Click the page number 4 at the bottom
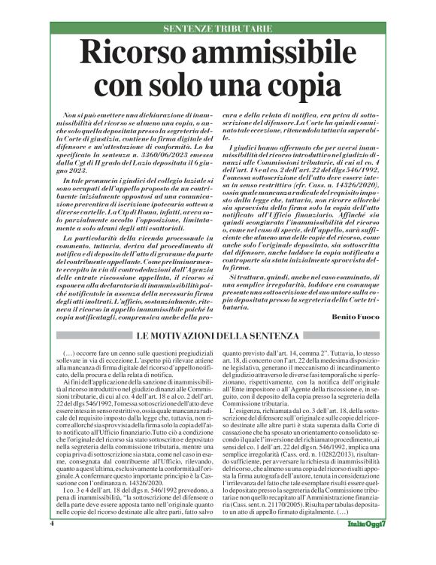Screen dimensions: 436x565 click(x=52, y=544)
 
